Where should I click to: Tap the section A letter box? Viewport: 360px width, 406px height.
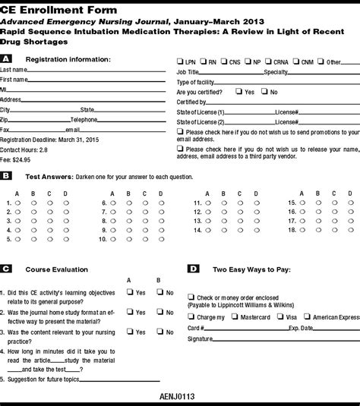pos(6,58)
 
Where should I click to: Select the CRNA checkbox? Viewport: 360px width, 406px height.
pos(269,61)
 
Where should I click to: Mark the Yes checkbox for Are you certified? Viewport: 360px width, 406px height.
pos(239,91)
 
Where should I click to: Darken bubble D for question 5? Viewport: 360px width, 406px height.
pos(65,239)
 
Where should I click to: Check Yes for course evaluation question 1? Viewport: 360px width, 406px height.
pos(130,291)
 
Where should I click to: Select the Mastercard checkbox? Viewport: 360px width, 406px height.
pos(235,316)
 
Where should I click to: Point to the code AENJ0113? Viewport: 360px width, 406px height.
pos(179,397)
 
